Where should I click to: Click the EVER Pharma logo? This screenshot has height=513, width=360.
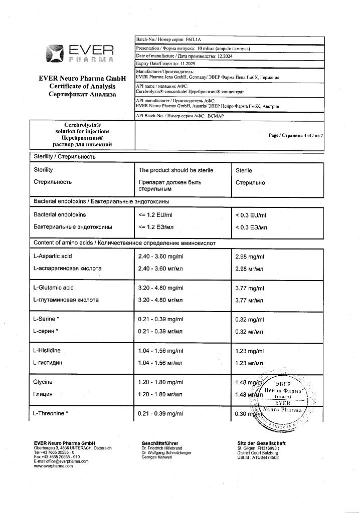80,54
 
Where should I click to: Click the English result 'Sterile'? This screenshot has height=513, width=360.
244,170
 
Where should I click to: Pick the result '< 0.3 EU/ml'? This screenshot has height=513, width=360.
251,215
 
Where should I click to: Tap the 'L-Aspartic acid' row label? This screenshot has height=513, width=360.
53,256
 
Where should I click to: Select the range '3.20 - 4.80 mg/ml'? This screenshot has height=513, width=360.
160,288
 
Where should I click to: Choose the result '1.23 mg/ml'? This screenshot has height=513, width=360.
249,351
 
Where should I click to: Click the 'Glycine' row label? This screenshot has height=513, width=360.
43,382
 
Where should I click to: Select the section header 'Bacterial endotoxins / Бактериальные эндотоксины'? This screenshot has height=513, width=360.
101,201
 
